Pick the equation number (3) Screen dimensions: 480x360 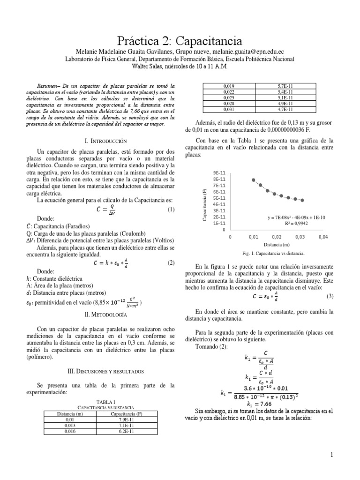330,296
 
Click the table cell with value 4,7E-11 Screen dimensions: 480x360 285,109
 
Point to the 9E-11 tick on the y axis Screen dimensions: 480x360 220,172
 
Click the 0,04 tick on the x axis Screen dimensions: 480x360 323,237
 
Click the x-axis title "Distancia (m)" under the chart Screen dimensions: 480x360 276,245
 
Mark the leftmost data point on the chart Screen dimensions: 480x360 254,180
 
